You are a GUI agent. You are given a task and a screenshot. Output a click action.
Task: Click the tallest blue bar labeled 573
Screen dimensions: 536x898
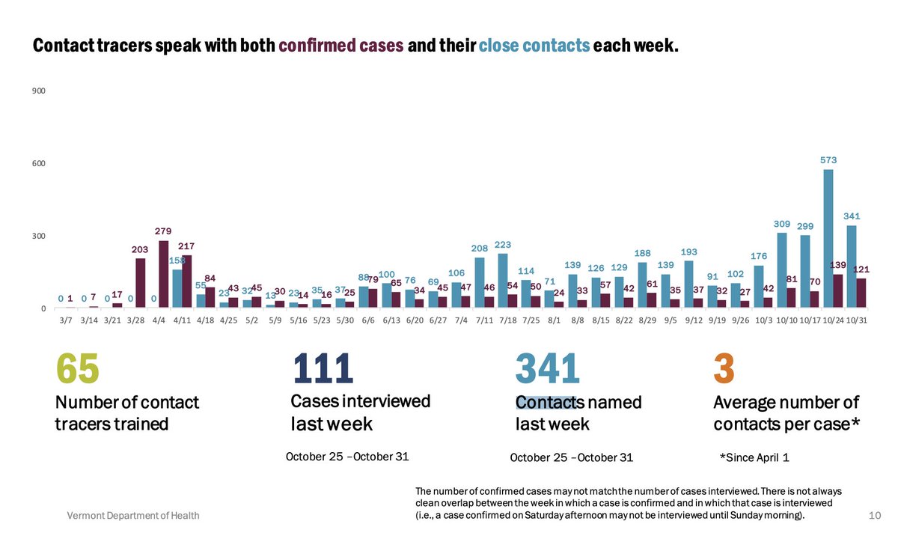click(x=828, y=239)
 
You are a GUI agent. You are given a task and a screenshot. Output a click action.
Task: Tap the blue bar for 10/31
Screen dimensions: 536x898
click(x=851, y=267)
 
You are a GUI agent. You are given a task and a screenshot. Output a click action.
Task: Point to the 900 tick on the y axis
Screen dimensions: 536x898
click(x=39, y=91)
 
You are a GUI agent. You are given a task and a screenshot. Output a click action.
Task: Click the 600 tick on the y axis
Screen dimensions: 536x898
click(x=39, y=164)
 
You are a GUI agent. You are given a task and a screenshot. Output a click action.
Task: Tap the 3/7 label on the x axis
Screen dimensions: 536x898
click(x=65, y=320)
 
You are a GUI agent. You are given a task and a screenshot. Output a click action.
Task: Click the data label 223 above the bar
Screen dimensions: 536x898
click(x=503, y=245)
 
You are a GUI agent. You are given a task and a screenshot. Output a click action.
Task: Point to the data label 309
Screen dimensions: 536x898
click(x=781, y=224)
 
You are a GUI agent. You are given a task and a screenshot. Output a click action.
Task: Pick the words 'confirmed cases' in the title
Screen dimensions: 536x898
click(x=341, y=46)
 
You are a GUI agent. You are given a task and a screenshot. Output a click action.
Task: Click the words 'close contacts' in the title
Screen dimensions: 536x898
click(x=534, y=46)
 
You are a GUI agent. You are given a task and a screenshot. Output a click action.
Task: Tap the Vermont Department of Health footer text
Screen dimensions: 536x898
click(x=133, y=516)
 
